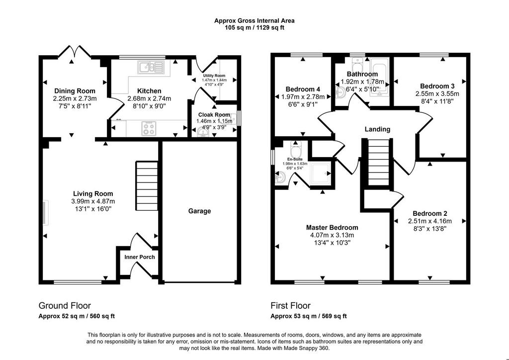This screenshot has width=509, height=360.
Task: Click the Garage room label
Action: pyautogui.click(x=200, y=211)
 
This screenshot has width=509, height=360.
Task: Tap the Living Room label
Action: pyautogui.click(x=93, y=194)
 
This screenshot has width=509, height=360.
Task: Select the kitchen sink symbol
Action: pyautogui.click(x=151, y=67)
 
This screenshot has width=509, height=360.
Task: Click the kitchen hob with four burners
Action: pyautogui.click(x=149, y=128)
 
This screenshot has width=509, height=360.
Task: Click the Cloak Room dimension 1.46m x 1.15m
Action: pyautogui.click(x=211, y=121)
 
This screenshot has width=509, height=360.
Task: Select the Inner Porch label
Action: pyautogui.click(x=140, y=257)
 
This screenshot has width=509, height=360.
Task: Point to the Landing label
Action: pyautogui.click(x=378, y=129)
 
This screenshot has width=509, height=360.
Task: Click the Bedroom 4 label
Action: pyautogui.click(x=303, y=90)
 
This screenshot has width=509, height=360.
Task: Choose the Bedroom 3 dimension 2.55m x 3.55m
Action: pyautogui.click(x=437, y=94)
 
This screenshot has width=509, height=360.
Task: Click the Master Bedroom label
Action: pyautogui.click(x=332, y=228)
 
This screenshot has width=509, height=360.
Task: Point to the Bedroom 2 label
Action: pyautogui.click(x=430, y=214)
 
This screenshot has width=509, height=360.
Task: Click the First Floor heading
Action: pyautogui.click(x=290, y=306)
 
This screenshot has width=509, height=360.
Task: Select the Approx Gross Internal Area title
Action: pyautogui.click(x=254, y=21)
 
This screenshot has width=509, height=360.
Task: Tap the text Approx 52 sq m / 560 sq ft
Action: pyautogui.click(x=77, y=316)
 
